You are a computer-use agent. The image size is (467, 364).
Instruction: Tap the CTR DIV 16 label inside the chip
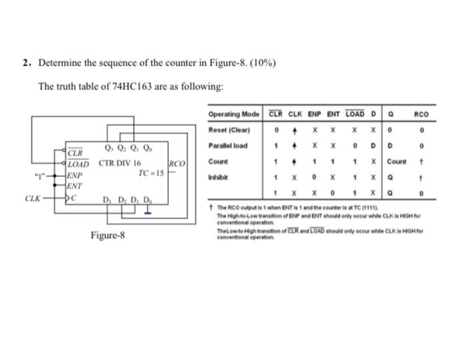pyautogui.click(x=120, y=162)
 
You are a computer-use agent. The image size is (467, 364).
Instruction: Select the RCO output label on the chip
pyautogui.click(x=177, y=164)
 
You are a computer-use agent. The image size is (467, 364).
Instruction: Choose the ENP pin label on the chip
pyautogui.click(x=75, y=176)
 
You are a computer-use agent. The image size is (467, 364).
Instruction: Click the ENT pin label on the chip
pyautogui.click(x=75, y=186)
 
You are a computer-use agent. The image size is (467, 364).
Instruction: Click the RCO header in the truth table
pyautogui.click(x=421, y=114)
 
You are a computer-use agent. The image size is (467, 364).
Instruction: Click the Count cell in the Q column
pyautogui.click(x=396, y=162)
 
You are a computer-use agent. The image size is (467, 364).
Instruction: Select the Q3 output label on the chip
pyautogui.click(x=109, y=149)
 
